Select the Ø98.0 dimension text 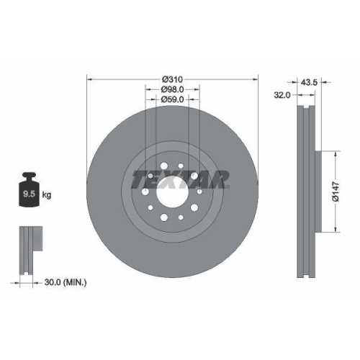click(172, 89)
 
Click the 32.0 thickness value click(282, 94)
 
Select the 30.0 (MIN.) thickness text click(65, 282)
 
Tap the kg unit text click(47, 195)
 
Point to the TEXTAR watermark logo click(180, 177)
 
